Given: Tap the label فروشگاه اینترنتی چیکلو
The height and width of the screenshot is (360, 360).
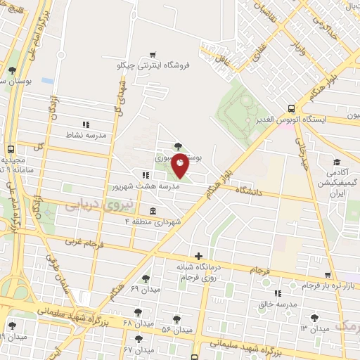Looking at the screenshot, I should pos(154,65).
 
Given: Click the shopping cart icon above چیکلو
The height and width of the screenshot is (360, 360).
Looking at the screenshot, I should pos(153,53).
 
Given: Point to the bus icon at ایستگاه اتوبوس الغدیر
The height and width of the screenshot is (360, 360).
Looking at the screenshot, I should pos(292,108).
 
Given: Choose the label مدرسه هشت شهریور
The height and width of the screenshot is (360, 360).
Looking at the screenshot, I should pos(143,188).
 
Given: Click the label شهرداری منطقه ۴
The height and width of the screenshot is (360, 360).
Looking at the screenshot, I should pos(153,222).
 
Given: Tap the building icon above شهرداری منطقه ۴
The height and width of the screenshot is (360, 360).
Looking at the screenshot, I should pos(153,211).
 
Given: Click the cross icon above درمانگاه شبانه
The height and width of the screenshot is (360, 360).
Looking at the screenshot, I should pos(199,257).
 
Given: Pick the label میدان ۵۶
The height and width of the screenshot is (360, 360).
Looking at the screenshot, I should pos(176,330).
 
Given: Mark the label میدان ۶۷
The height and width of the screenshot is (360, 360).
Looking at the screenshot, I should pos(139,349).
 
